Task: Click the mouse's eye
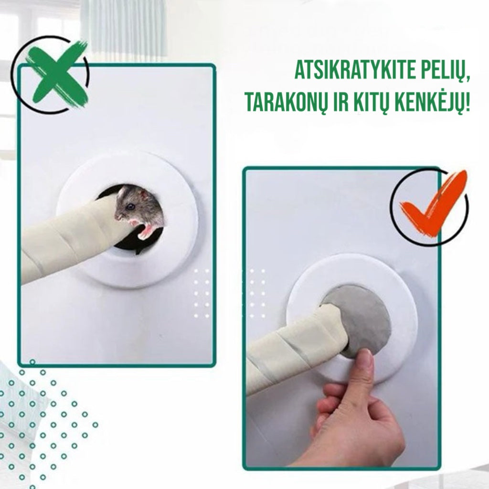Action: (130, 206)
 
